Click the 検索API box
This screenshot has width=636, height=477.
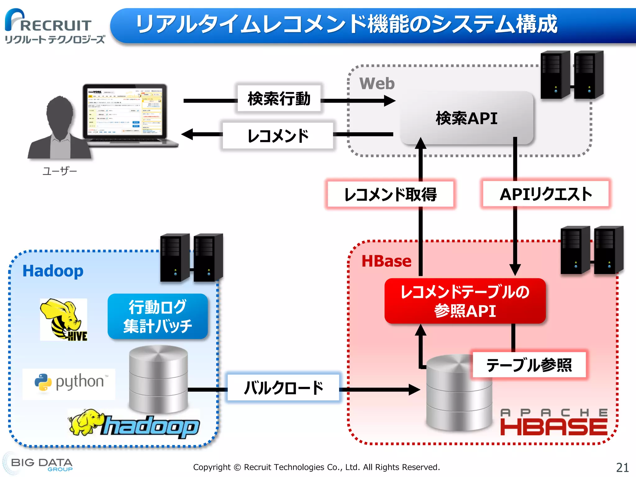466,118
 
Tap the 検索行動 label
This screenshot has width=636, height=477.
279,98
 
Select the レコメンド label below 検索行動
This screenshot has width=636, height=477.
278,136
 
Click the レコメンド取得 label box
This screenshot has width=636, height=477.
390,194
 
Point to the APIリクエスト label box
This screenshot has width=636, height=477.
546,194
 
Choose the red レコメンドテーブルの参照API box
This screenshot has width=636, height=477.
465,301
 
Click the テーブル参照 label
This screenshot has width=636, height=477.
529,365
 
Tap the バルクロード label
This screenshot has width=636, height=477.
283,388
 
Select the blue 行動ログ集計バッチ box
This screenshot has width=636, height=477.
157,316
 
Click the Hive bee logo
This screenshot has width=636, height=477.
64,320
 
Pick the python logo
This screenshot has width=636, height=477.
69,383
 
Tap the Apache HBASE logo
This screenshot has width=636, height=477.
553,423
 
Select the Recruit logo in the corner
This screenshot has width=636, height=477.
50,26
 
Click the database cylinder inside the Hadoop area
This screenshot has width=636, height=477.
158,379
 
